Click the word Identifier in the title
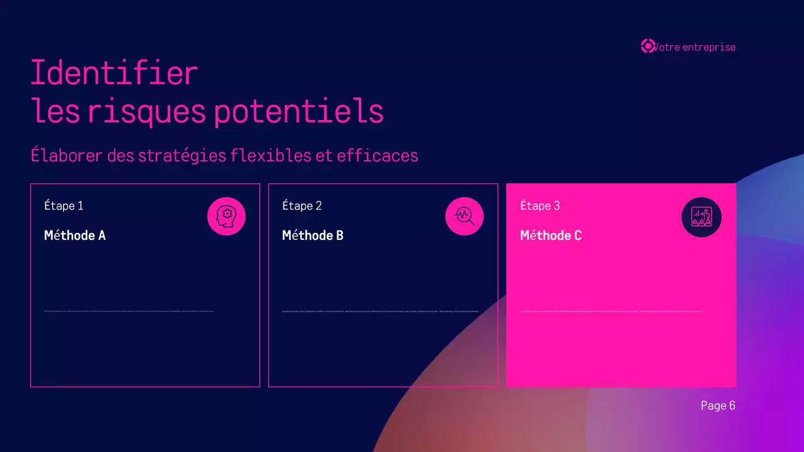pos(114,73)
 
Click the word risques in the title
pos(146,112)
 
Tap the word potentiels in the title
pos(298,112)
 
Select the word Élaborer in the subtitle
pos(67,155)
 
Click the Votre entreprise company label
pos(695,47)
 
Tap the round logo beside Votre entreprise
pos(648,46)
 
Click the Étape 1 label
pos(63,206)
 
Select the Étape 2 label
pos(302,206)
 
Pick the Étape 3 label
pos(540,206)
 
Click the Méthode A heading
pos(75,235)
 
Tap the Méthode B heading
pos(313,235)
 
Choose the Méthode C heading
pos(551,235)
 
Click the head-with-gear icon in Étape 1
pos(226,217)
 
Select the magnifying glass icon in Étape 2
pos(464,217)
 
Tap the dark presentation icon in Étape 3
pos(702,217)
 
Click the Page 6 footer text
pos(718,406)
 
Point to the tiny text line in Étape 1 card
pos(129,311)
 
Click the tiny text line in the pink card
pos(611,311)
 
